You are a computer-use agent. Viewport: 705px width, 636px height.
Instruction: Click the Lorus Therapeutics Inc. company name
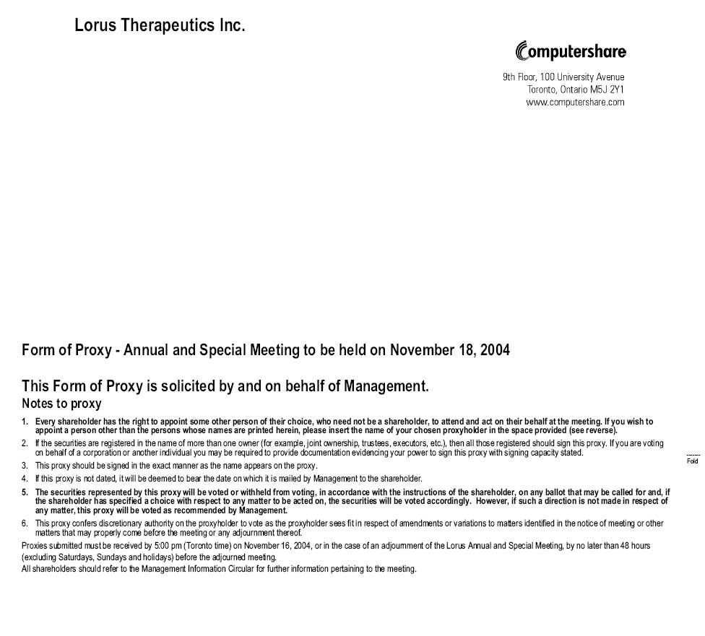pos(160,25)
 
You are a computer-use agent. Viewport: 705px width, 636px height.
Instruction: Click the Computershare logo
pos(571,52)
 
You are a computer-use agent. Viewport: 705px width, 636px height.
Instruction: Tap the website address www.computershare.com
pos(575,103)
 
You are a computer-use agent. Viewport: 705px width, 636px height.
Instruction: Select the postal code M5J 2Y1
pos(606,90)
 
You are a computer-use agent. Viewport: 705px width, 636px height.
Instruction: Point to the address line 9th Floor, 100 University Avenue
pos(563,77)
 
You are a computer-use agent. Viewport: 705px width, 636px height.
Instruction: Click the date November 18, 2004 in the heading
pos(449,351)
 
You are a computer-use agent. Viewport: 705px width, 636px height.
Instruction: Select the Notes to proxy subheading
pos(61,404)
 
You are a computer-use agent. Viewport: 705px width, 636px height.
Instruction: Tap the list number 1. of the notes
pos(25,422)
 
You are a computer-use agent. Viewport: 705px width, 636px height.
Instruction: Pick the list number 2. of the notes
pos(25,443)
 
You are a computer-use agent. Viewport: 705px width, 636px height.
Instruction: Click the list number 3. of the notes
pos(25,466)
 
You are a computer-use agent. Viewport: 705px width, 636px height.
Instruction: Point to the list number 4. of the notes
pos(25,479)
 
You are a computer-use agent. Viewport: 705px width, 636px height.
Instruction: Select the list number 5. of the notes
pos(25,492)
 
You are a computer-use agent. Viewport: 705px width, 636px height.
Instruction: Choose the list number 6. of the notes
pos(25,523)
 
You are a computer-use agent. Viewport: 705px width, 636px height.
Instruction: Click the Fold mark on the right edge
pos(693,461)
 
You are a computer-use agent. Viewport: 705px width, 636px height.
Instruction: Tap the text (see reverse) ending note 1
pos(593,430)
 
